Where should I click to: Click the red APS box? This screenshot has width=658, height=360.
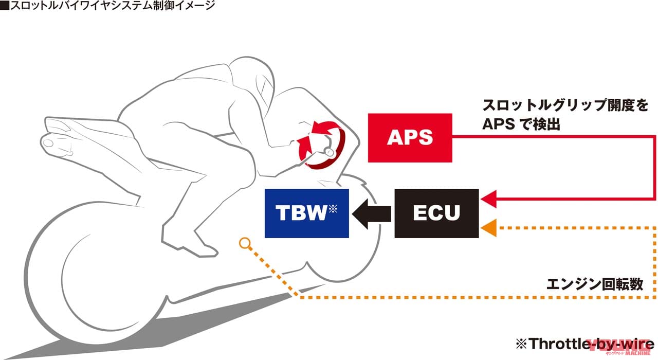pyautogui.click(x=410, y=137)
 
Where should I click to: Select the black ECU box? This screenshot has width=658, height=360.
pyautogui.click(x=436, y=213)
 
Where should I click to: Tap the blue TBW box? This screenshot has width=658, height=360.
pyautogui.click(x=306, y=213)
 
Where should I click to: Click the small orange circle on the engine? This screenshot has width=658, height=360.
pyautogui.click(x=245, y=242)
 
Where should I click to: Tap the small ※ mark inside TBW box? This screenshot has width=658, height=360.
pyautogui.click(x=333, y=208)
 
